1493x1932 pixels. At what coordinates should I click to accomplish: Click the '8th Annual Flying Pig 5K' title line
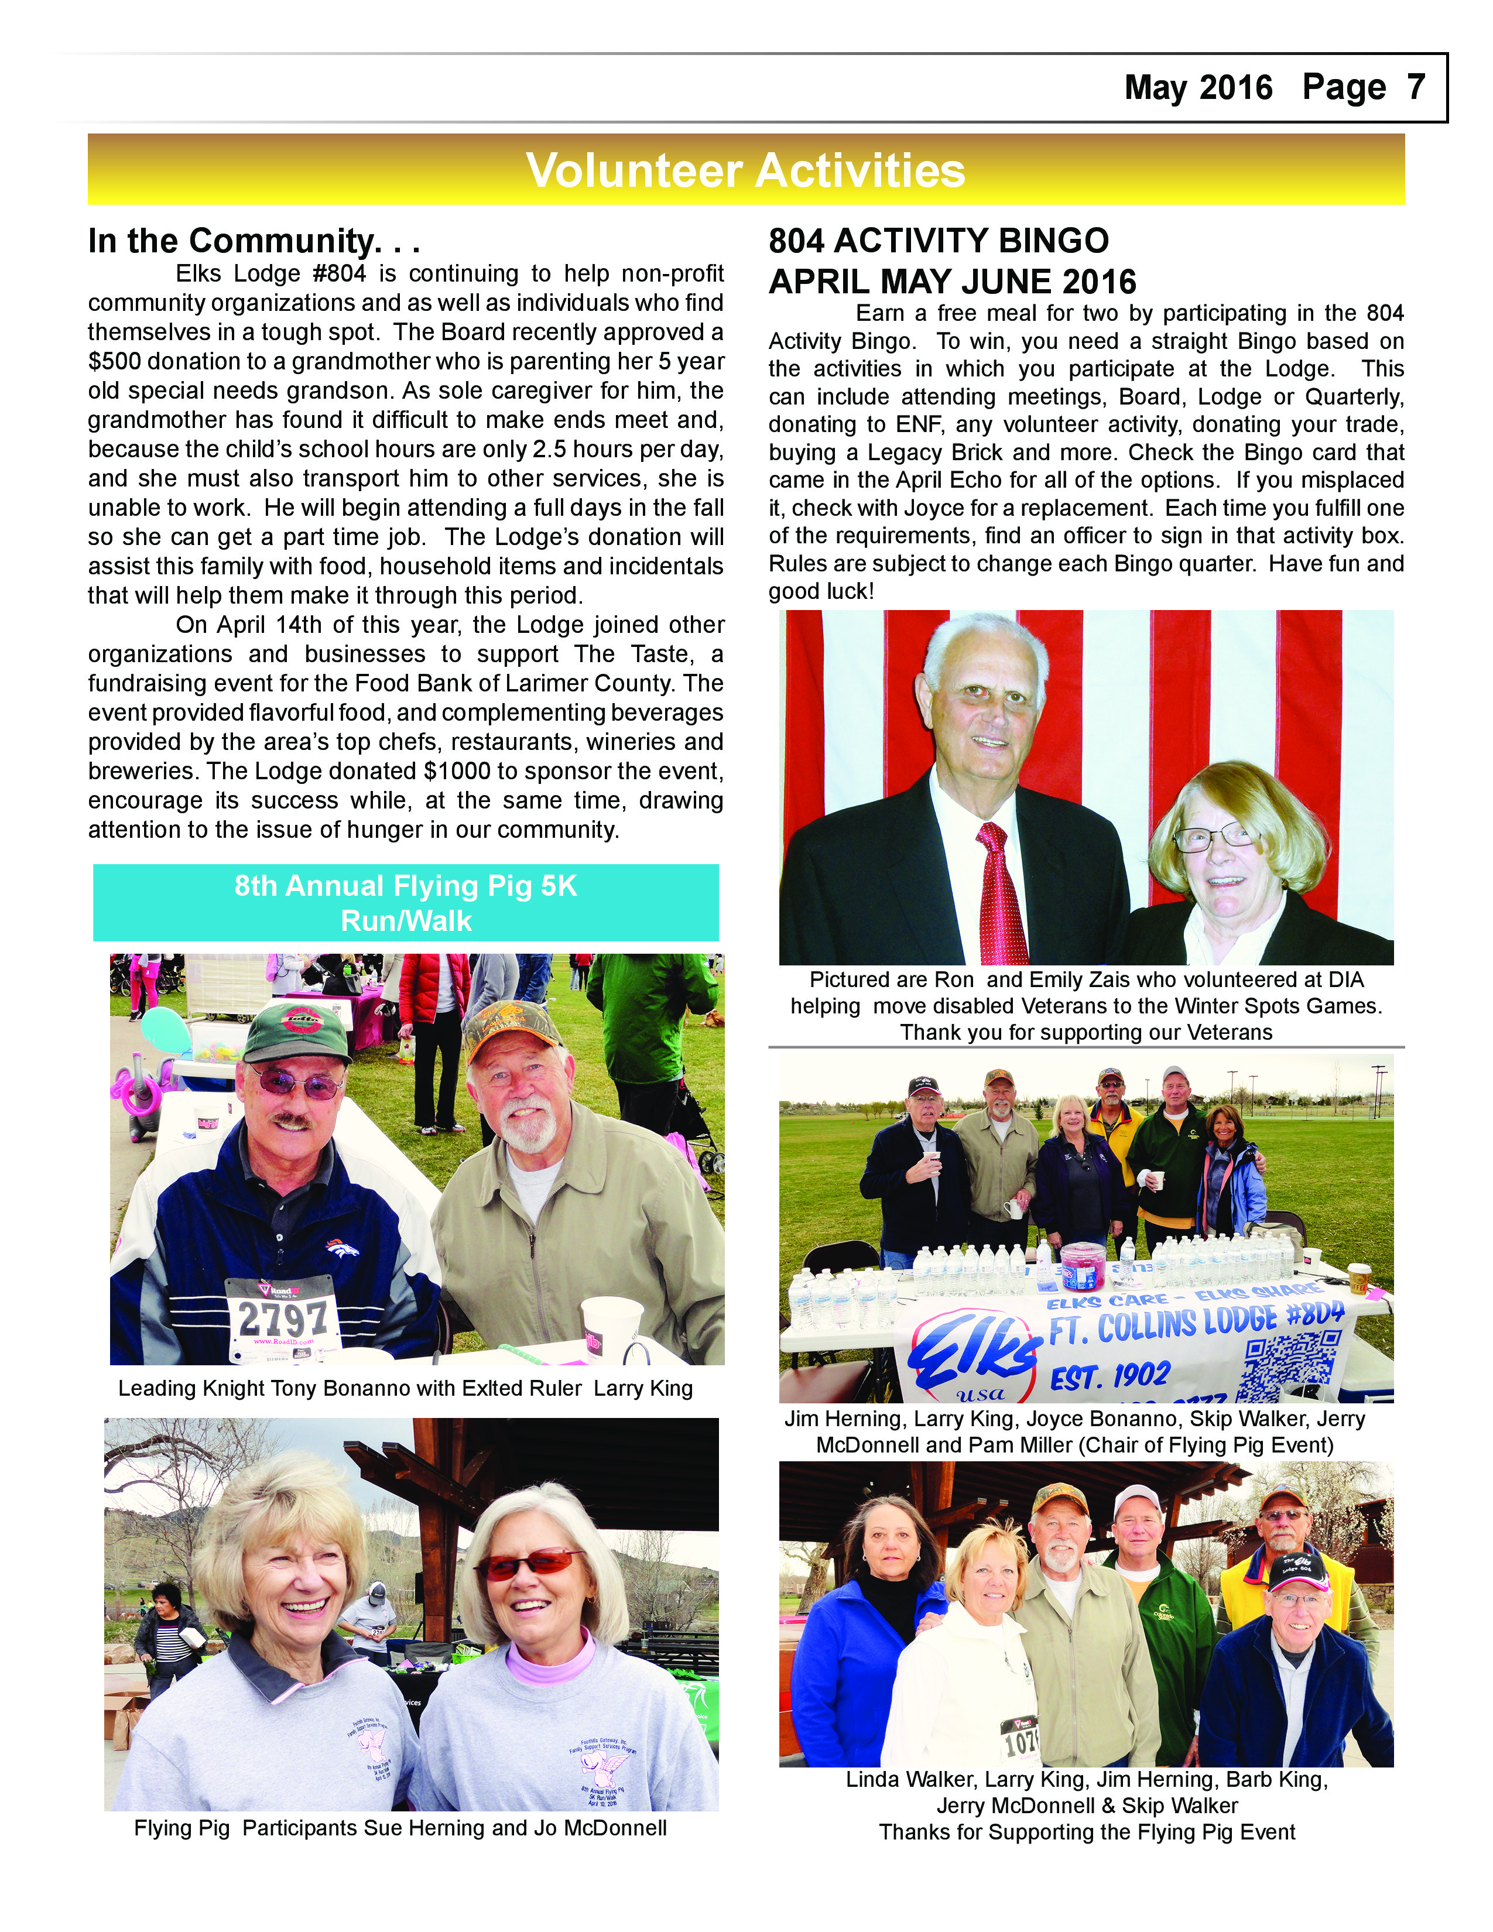click(405, 885)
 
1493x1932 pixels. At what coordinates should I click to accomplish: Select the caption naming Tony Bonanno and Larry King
click(405, 1388)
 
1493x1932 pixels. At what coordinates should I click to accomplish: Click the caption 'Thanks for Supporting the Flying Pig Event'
click(1086, 1832)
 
